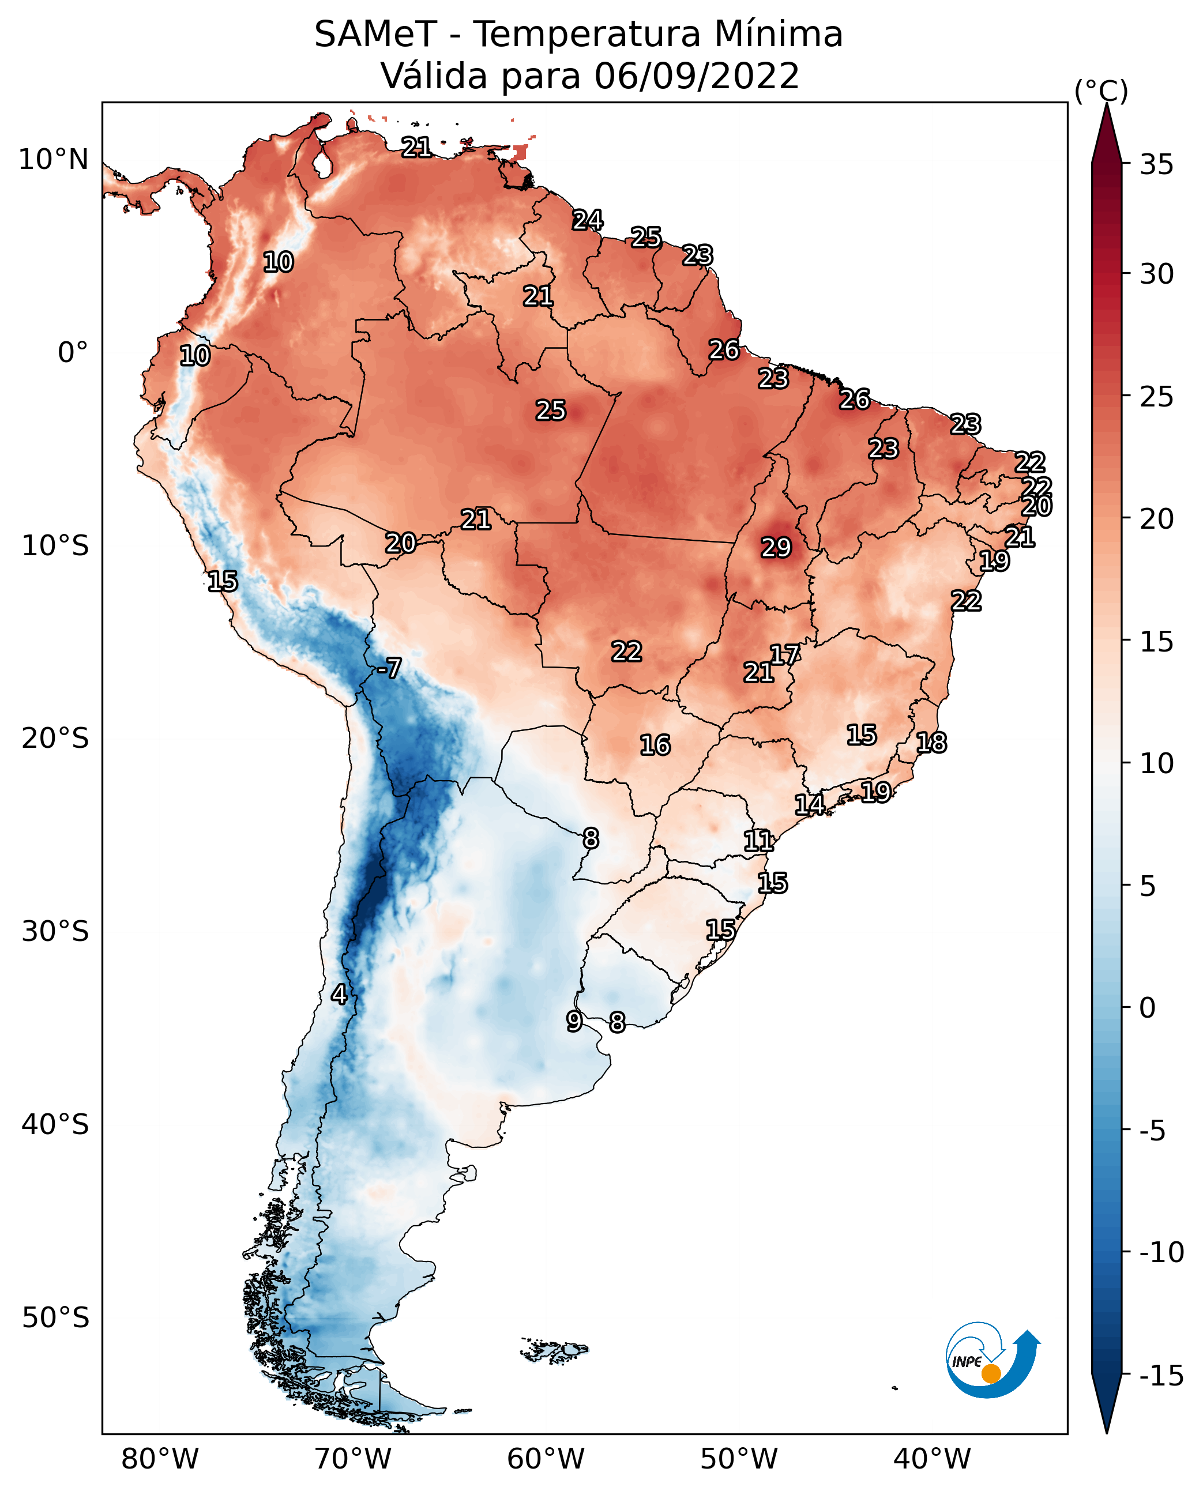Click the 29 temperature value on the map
776,548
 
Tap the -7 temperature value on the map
389,669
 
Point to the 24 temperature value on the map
588,220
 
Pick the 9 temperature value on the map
574,1021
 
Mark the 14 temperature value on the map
809,804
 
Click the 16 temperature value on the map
655,745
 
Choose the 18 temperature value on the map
931,743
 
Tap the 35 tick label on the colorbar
1156,165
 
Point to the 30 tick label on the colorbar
1156,274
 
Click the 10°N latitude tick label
54,160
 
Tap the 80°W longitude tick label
160,1459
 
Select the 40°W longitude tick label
932,1459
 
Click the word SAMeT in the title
375,35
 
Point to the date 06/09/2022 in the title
697,76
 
